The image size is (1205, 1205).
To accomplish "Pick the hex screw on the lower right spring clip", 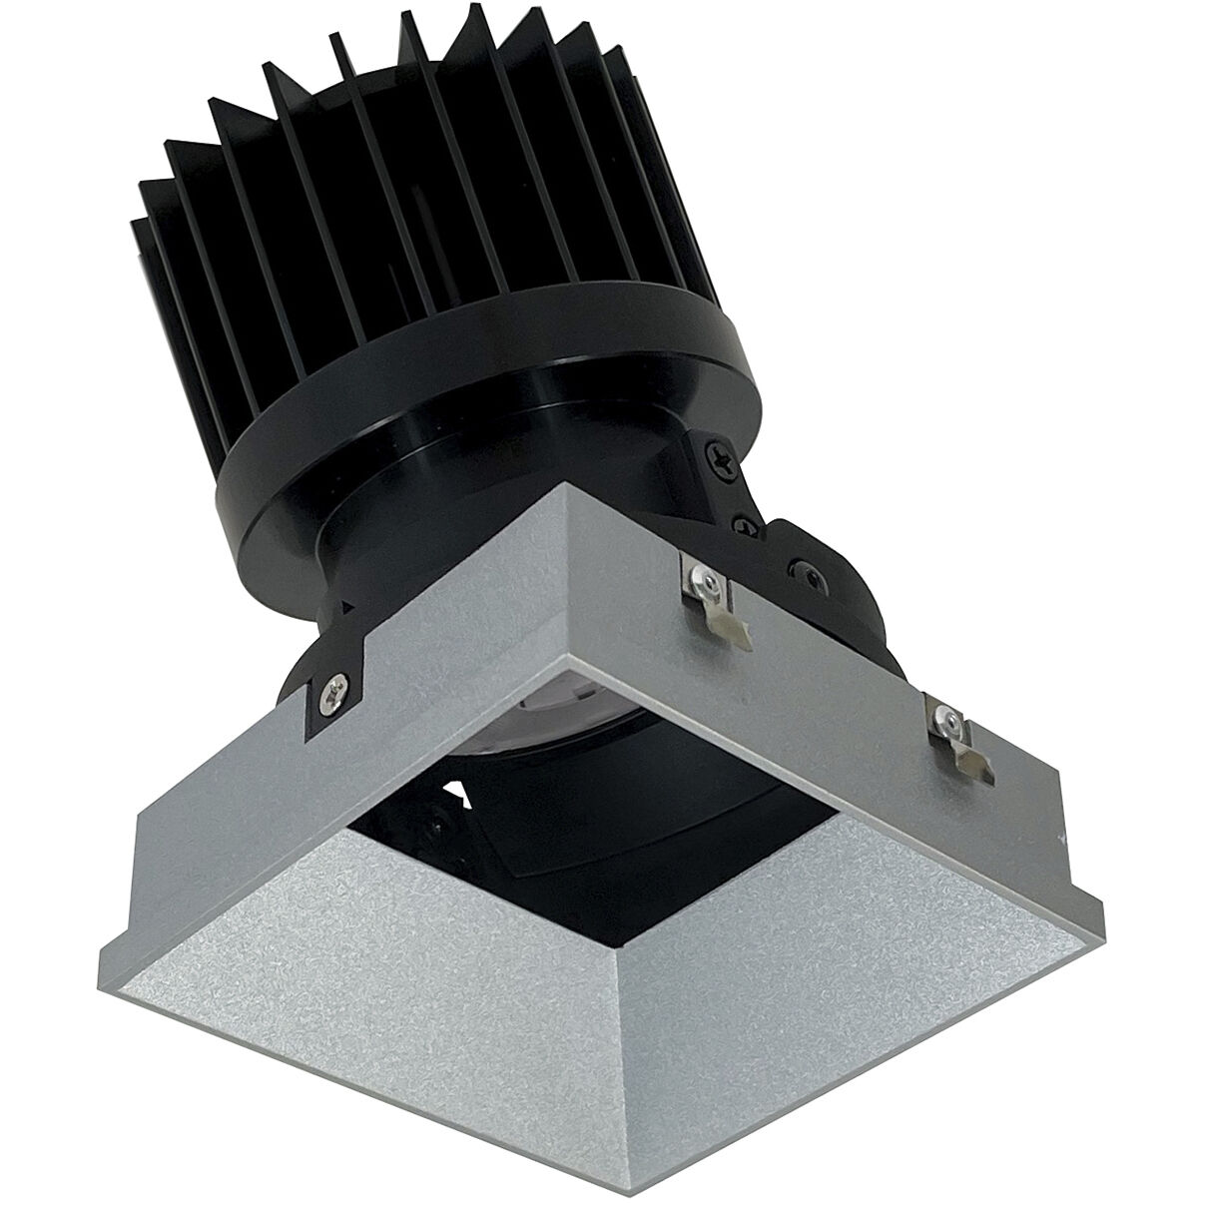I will pos(950,718).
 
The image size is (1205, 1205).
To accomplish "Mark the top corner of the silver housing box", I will pos(566,487).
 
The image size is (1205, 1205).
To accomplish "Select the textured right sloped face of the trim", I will pos(849,958).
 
